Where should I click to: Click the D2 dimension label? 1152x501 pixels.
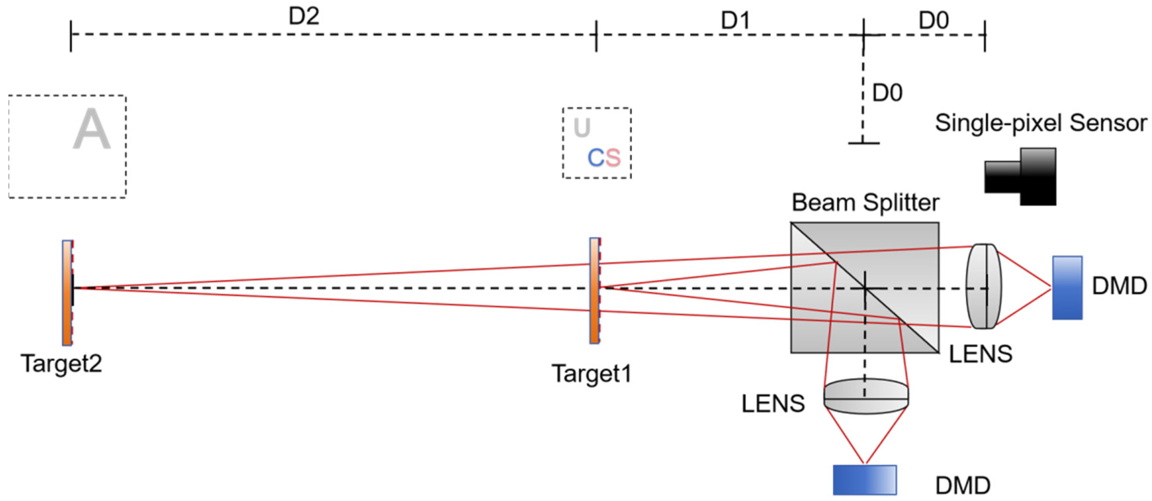304,17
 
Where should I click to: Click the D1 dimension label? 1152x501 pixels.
735,20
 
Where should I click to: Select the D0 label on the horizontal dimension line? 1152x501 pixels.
933,20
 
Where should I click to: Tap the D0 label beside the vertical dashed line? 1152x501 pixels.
887,93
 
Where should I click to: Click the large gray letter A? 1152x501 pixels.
91,130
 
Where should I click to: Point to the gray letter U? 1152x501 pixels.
582,128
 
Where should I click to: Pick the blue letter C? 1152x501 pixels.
596,158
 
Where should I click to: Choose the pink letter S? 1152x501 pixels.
613,158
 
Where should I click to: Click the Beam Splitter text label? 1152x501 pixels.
865,202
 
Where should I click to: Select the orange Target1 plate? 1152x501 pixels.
594,291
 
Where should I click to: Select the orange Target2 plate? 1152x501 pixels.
67,293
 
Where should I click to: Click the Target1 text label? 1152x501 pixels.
592,373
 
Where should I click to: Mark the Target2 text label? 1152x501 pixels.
61,363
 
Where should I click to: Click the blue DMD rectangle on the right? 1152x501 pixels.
1067,287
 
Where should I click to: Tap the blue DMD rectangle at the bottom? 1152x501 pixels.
864,480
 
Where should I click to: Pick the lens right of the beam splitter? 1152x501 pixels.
984,286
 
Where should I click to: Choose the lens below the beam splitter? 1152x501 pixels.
866,396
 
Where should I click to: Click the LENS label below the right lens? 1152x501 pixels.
980,354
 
